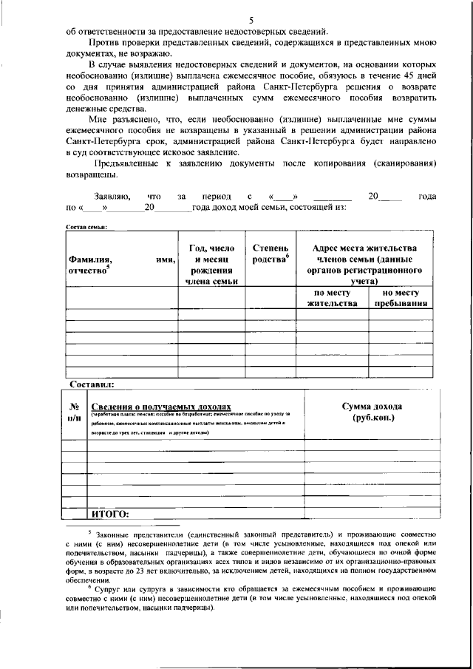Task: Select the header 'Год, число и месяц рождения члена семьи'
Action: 211,265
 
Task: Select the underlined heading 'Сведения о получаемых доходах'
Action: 161,407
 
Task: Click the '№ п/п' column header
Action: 74,412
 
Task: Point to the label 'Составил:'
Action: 91,385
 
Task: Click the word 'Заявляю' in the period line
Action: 112,197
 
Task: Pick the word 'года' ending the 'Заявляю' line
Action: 426,197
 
